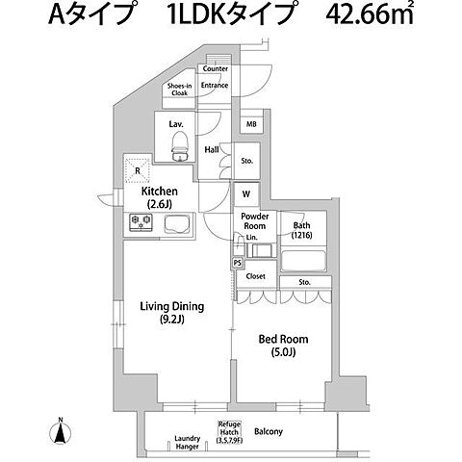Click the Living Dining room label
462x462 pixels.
click(171, 313)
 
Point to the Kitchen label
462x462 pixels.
click(159, 197)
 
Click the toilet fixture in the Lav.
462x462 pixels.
click(179, 143)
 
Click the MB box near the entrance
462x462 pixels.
click(250, 125)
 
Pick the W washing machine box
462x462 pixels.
click(245, 192)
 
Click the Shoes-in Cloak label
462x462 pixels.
click(181, 90)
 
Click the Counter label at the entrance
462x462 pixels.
click(216, 69)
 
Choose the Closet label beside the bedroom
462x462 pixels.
click(256, 276)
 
